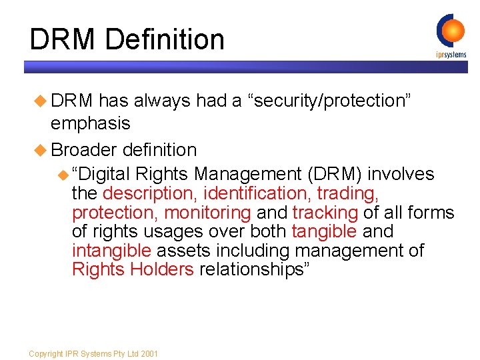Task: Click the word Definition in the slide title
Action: (x=165, y=39)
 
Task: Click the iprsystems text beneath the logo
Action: (x=451, y=55)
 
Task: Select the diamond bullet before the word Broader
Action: (x=43, y=149)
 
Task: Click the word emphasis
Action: (x=91, y=124)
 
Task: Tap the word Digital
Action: (x=101, y=175)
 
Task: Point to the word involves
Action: (x=401, y=175)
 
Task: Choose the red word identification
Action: (x=258, y=194)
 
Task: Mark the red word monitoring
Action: (x=207, y=213)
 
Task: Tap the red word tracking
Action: (x=325, y=213)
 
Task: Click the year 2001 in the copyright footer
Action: (x=149, y=353)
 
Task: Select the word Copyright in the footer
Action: (x=45, y=353)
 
